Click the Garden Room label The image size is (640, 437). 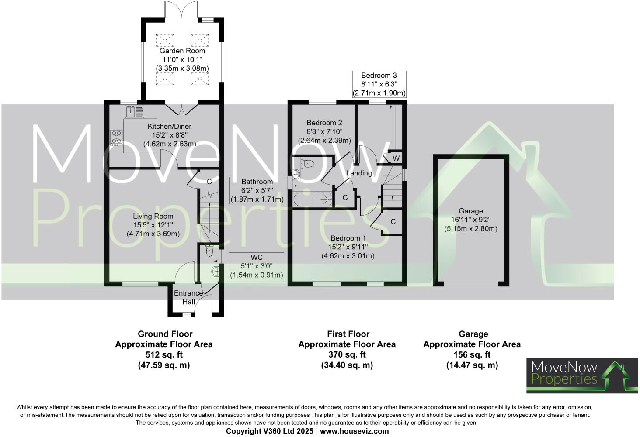pyautogui.click(x=182, y=51)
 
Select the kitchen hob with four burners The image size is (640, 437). pyautogui.click(x=117, y=137)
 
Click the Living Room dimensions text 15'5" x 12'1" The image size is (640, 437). pyautogui.click(x=153, y=225)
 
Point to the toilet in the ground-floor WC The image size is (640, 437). pyautogui.click(x=209, y=251)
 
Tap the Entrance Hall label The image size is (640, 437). pyautogui.click(x=189, y=297)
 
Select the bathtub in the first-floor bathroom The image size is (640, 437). pyautogui.click(x=313, y=200)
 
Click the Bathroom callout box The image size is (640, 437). pyautogui.click(x=257, y=190)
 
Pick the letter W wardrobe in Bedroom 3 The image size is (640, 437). pyautogui.click(x=396, y=158)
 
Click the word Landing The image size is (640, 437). pyautogui.click(x=359, y=173)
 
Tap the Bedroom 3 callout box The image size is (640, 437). pyautogui.click(x=379, y=84)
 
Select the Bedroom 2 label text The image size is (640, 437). pyautogui.click(x=324, y=123)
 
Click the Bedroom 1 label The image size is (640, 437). pyautogui.click(x=348, y=238)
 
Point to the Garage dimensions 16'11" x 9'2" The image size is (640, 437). pyautogui.click(x=471, y=220)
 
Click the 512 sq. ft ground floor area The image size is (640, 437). pyautogui.click(x=164, y=354)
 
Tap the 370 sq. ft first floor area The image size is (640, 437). pyautogui.click(x=347, y=354)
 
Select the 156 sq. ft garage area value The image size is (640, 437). pyautogui.click(x=472, y=354)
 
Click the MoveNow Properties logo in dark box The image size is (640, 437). pyautogui.click(x=581, y=375)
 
